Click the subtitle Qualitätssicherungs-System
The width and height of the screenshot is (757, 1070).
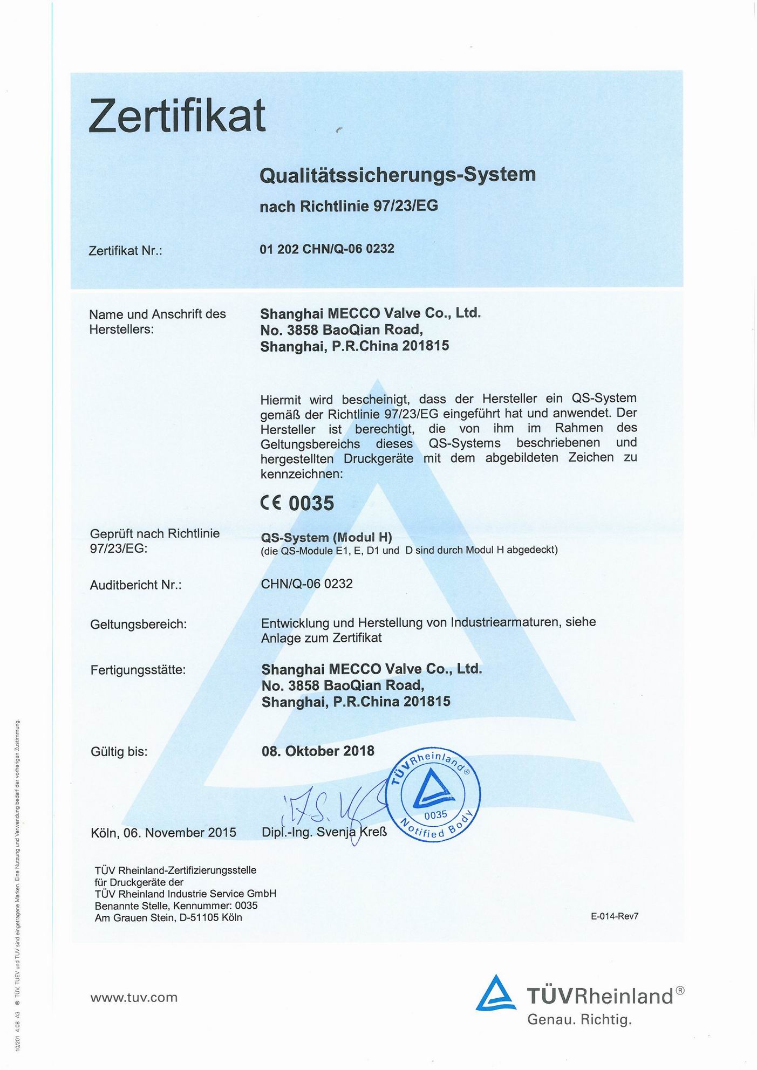(x=398, y=175)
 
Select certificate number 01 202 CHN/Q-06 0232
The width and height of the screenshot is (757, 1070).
(x=327, y=249)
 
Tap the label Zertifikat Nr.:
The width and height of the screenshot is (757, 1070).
(x=126, y=251)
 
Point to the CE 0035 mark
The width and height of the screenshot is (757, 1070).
(x=297, y=503)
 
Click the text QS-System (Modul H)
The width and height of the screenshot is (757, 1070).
(x=326, y=538)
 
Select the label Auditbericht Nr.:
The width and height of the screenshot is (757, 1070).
(x=135, y=585)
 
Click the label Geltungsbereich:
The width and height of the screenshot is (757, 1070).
(x=139, y=625)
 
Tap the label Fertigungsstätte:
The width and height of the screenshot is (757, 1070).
(x=138, y=670)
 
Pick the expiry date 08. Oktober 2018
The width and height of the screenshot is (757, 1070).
(x=318, y=751)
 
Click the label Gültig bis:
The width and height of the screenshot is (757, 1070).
(x=119, y=751)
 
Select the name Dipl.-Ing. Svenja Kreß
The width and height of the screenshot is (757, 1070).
(x=324, y=832)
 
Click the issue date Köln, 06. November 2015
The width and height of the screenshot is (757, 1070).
(x=163, y=832)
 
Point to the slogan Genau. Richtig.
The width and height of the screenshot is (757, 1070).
(x=579, y=1020)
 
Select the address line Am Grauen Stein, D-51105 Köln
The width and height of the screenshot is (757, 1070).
(x=168, y=917)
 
